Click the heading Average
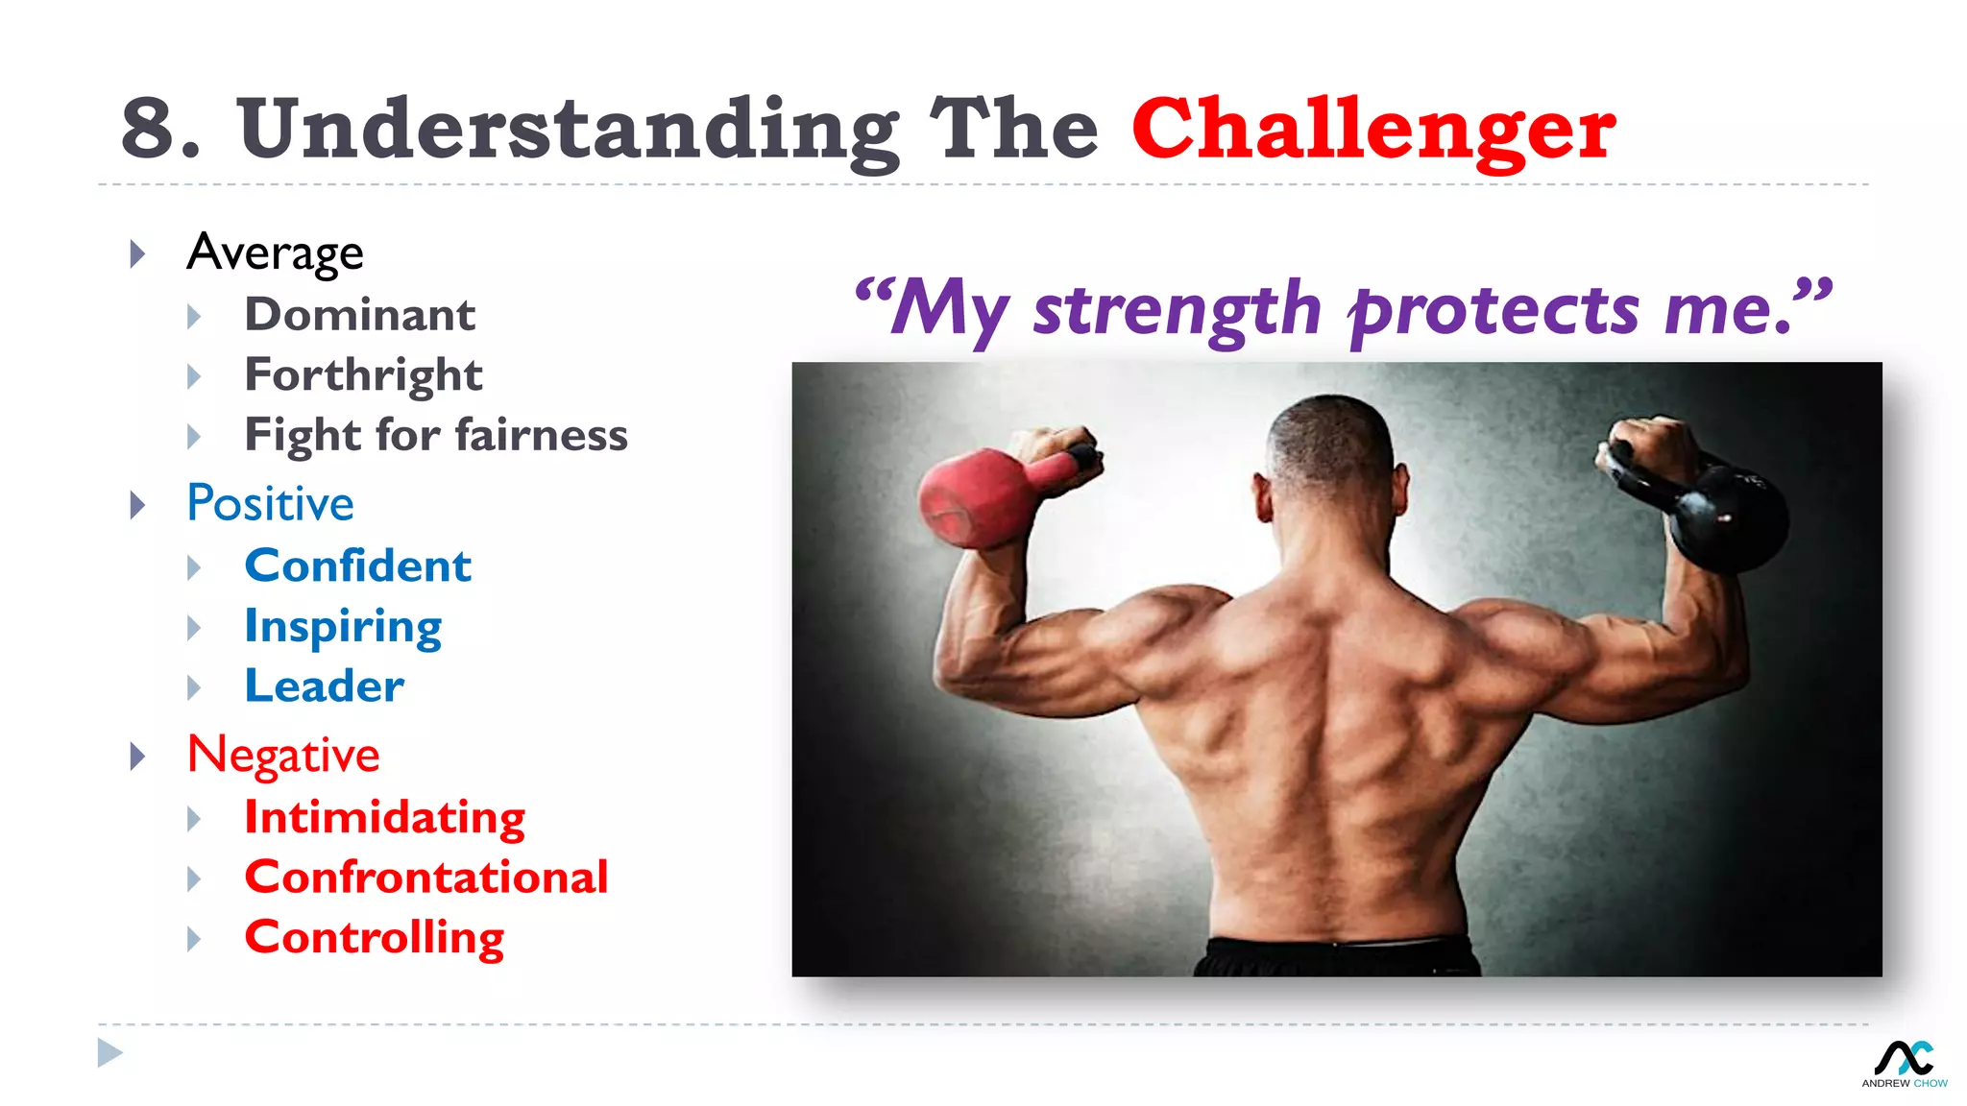(275, 252)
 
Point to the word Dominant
(359, 315)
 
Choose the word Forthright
(363, 375)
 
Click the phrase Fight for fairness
(436, 435)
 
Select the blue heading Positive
(270, 503)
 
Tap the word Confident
(357, 565)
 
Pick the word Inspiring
(343, 626)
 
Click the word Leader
(324, 685)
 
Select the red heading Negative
(283, 755)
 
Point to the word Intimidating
(384, 817)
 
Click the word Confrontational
(425, 877)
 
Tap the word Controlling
(374, 937)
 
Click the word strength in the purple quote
(1177, 309)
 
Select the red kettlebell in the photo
(980, 494)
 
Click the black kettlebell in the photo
(1724, 514)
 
